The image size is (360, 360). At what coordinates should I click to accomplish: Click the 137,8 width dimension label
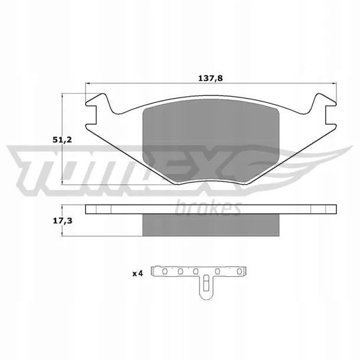click(x=210, y=78)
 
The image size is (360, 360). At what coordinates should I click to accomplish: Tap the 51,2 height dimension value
click(x=62, y=140)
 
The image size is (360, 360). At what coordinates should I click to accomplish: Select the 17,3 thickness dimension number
click(x=63, y=221)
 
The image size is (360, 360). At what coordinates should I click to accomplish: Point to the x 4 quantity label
click(x=138, y=273)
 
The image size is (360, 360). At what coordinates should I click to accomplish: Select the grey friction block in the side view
click(x=211, y=225)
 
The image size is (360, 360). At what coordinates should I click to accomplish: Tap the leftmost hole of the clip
click(x=165, y=271)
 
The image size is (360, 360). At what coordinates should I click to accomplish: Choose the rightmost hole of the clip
click(x=239, y=271)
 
